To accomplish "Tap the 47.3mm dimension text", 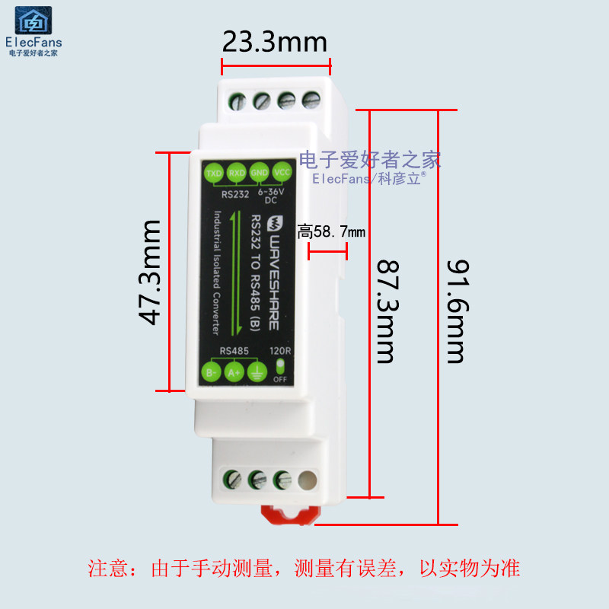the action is tap(151, 273).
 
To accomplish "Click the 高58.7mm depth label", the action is tap(331, 231).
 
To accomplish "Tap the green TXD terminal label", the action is tap(214, 173).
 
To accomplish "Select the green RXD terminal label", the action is tap(237, 173).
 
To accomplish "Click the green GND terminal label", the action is tap(259, 173).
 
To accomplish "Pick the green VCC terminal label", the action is tap(282, 172).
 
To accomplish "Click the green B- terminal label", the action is tap(212, 372).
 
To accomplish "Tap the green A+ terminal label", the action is tap(234, 372).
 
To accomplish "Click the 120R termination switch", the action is tap(279, 369).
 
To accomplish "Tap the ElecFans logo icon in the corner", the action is tap(33, 21).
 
